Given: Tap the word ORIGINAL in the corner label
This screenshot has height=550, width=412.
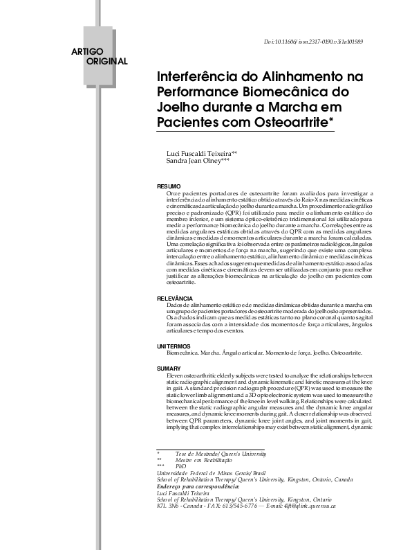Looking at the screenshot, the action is (106, 62).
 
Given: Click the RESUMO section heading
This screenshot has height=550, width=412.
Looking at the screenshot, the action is (169, 187).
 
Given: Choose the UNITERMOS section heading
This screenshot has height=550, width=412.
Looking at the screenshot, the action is (174, 346).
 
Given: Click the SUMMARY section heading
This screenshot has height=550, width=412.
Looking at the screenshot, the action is (169, 369).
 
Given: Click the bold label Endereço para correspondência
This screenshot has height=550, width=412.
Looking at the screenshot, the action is (201, 486).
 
